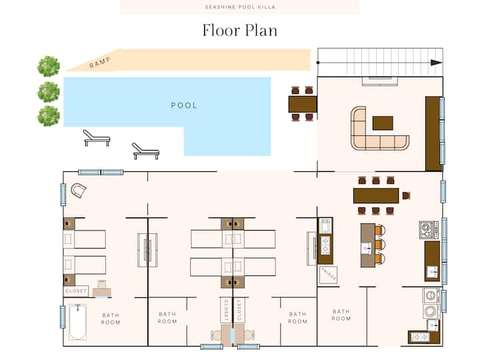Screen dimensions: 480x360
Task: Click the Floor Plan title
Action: [x=240, y=31]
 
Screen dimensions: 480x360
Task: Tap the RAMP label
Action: [x=100, y=63]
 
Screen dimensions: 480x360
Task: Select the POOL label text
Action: [x=184, y=105]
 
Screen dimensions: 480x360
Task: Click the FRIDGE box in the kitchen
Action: [x=328, y=275]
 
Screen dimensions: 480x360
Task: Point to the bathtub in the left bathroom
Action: [x=77, y=322]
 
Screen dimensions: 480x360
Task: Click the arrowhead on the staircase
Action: [x=436, y=63]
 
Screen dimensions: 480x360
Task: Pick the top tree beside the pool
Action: [x=49, y=66]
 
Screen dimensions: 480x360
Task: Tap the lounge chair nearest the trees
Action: [x=96, y=138]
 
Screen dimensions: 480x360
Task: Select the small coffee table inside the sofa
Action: [x=383, y=123]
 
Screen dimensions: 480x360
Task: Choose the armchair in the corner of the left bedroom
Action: [x=79, y=191]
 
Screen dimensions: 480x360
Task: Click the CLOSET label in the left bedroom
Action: [x=76, y=291]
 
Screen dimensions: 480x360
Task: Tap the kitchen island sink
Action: [x=367, y=249]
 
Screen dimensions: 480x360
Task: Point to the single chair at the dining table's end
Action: [x=406, y=195]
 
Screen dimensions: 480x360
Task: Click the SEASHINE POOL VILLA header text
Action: [x=240, y=7]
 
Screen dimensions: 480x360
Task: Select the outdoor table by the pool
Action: [x=303, y=104]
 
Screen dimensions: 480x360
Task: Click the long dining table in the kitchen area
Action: [x=376, y=195]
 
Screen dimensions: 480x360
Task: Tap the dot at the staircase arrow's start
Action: [x=318, y=63]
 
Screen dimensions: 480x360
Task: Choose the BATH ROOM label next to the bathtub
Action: [x=111, y=319]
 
